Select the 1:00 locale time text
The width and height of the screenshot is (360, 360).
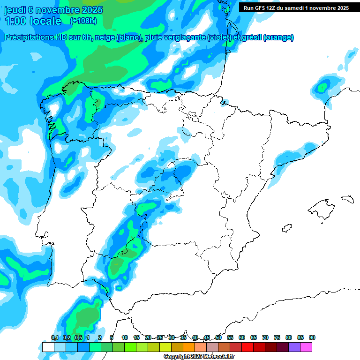33,21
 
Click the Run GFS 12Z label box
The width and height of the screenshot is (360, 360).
296,8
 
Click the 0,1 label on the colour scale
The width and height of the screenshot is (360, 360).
54,337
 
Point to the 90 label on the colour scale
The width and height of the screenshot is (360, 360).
312,337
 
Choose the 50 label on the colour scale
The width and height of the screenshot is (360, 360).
218,337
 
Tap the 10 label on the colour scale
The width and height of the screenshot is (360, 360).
125,337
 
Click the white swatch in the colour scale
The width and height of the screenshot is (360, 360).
48,347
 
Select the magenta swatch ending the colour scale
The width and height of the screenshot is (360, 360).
306,347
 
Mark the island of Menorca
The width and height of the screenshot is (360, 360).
347,199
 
